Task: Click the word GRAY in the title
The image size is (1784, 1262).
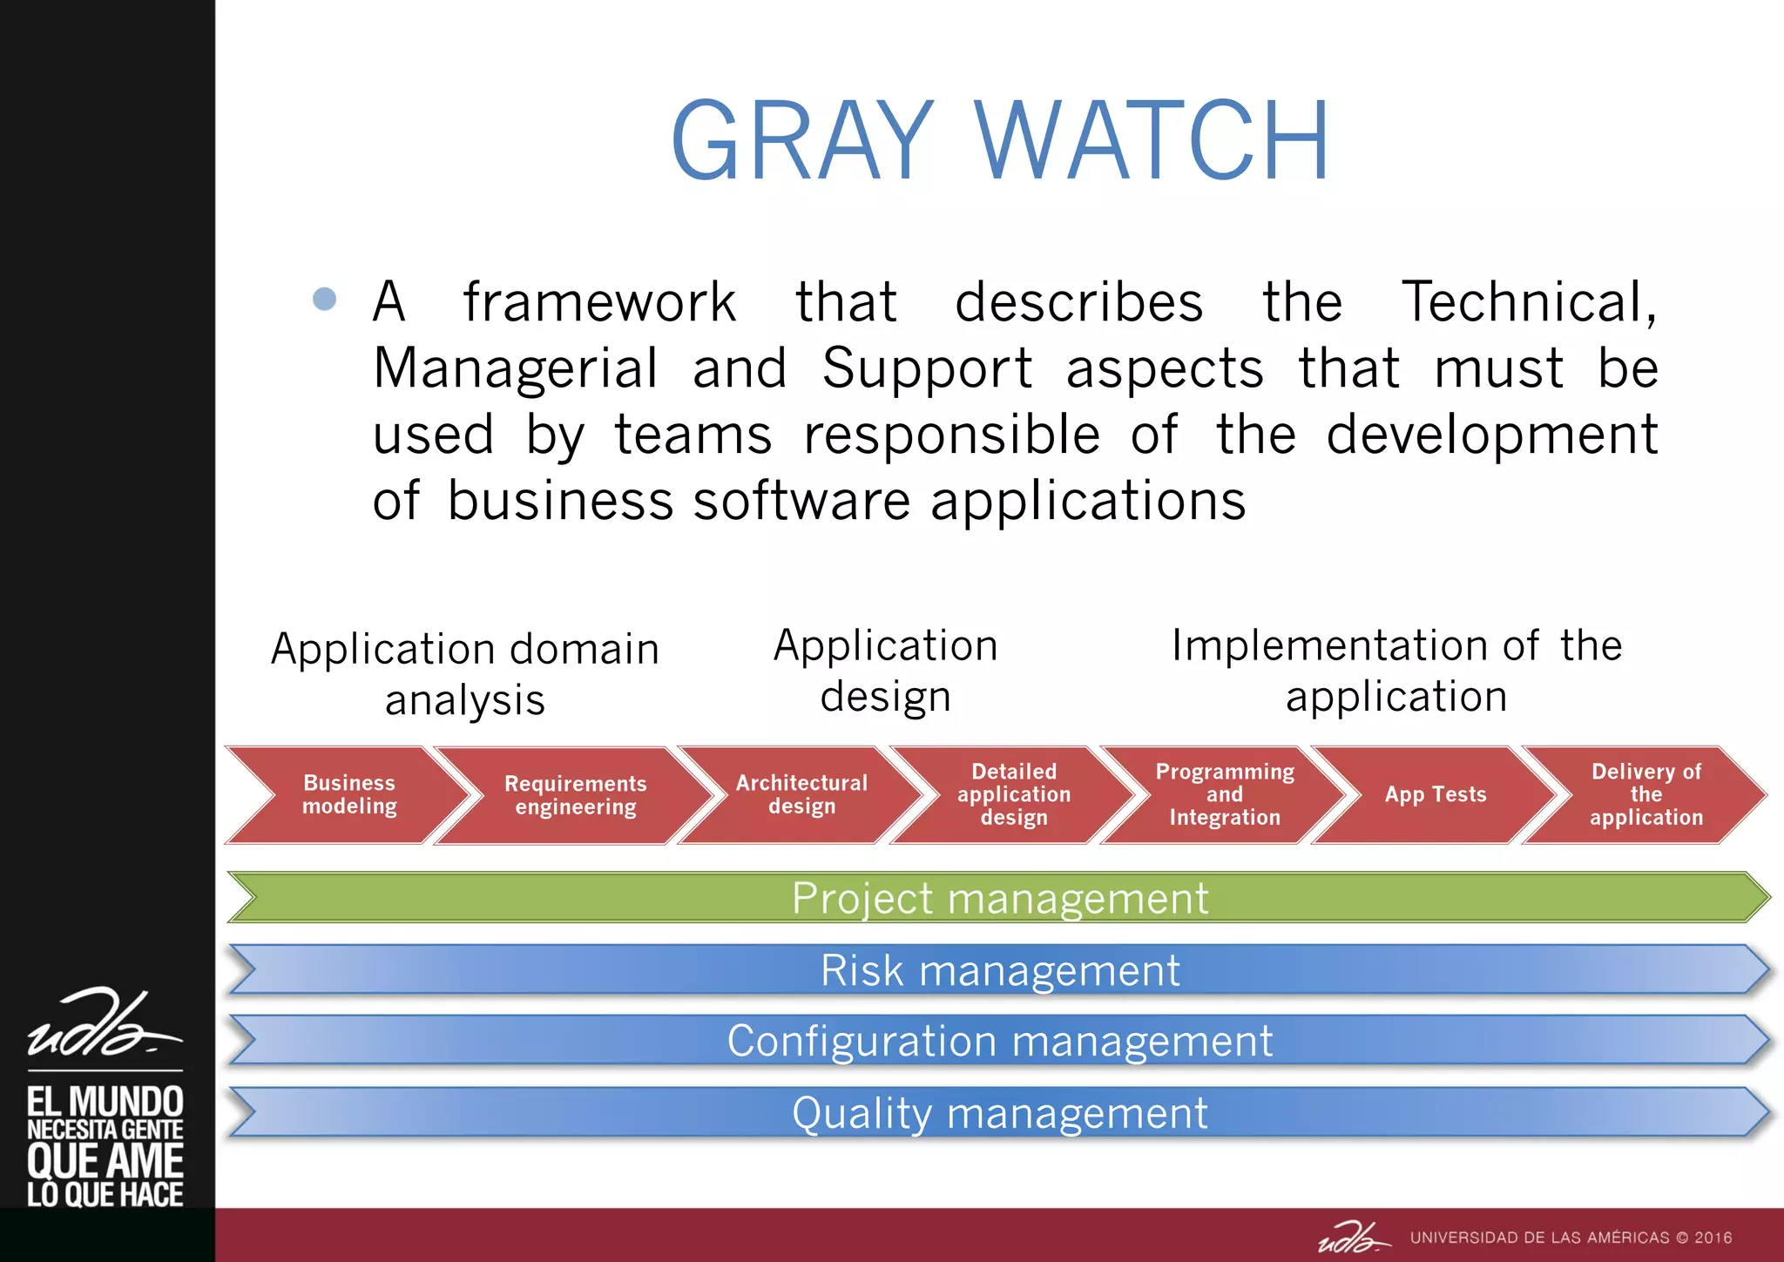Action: click(x=802, y=141)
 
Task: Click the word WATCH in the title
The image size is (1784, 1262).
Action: click(x=1152, y=141)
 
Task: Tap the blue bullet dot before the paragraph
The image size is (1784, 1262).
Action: click(x=324, y=299)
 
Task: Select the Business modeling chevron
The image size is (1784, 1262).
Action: click(x=349, y=794)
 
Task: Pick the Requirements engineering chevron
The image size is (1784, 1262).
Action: click(x=576, y=795)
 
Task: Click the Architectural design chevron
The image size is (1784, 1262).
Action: click(x=801, y=794)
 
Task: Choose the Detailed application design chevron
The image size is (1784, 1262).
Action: click(x=1014, y=794)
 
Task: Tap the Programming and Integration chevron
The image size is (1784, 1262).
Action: click(x=1225, y=794)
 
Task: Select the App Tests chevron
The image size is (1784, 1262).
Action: click(x=1436, y=794)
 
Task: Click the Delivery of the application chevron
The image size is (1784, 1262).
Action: click(x=1645, y=794)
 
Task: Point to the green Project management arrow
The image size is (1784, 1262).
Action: click(x=999, y=898)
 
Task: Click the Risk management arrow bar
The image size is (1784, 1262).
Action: click(x=999, y=970)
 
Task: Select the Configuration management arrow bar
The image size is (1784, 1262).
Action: click(x=999, y=1041)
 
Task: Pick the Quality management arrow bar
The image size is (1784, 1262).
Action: click(x=999, y=1113)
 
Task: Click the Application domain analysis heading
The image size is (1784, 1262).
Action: click(x=464, y=674)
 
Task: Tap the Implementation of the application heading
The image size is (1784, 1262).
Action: click(x=1395, y=671)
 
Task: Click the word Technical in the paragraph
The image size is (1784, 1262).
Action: click(x=1528, y=302)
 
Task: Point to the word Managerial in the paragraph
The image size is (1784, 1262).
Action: click(x=515, y=368)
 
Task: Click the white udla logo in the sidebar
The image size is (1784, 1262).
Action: click(x=103, y=1025)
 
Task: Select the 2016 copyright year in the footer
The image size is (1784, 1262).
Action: click(x=1713, y=1238)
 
